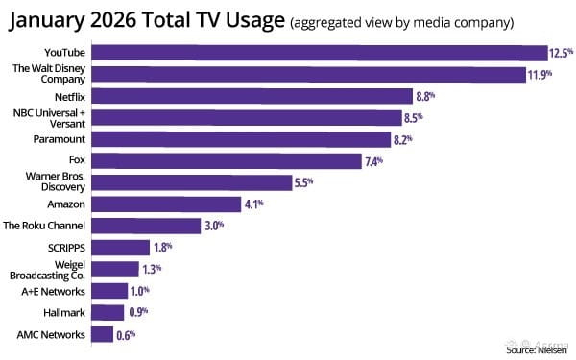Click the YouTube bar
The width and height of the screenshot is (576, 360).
320,53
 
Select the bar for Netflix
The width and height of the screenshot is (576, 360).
252,96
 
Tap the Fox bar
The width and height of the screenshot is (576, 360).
227,161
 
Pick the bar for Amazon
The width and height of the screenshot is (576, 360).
166,204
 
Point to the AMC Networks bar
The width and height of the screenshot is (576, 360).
103,334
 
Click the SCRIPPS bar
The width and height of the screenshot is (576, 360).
121,248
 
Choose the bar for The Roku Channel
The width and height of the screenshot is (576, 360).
146,226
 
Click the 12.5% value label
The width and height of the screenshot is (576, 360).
561,53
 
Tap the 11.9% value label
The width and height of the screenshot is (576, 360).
540,75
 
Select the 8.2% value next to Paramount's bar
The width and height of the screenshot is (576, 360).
403,140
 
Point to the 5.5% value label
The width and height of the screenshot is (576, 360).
303,182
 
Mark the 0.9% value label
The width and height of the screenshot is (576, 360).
138,312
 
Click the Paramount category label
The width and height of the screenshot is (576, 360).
60,139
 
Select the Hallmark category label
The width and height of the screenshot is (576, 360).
64,313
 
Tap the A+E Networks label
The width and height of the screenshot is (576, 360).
53,291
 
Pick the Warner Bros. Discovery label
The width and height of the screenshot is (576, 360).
56,181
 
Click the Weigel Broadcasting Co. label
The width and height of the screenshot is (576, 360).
47,270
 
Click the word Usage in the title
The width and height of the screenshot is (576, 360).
255,20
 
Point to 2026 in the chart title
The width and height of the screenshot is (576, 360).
112,19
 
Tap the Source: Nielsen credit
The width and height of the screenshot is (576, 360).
537,350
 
